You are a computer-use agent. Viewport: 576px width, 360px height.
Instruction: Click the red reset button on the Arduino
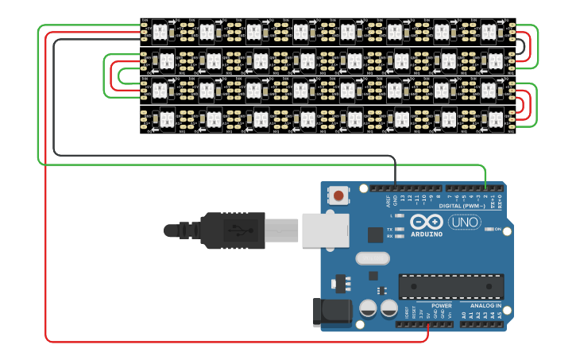(x=339, y=195)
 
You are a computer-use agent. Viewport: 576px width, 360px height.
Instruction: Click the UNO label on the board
(x=466, y=223)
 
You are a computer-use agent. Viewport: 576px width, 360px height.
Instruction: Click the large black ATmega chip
(x=450, y=287)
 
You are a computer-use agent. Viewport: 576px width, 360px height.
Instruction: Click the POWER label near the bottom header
(x=441, y=305)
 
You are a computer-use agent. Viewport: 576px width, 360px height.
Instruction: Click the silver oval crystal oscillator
(x=373, y=258)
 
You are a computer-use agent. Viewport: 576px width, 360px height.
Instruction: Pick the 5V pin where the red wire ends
(x=428, y=324)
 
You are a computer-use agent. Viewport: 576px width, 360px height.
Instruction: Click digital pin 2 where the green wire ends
(x=486, y=189)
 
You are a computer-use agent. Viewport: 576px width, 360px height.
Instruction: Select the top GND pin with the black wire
(x=395, y=189)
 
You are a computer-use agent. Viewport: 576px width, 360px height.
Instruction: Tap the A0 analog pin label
(x=464, y=315)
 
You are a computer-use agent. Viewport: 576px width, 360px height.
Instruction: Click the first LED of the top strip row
(x=158, y=32)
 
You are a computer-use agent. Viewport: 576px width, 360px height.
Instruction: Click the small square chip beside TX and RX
(x=375, y=234)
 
